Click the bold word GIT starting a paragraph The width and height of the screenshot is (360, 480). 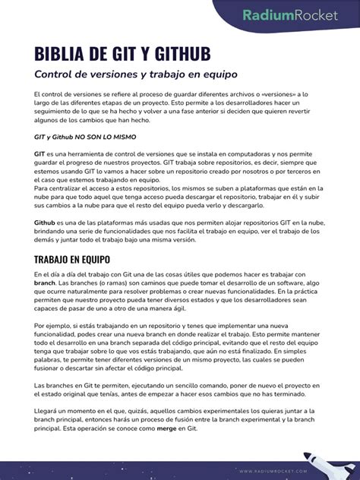tap(39, 153)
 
